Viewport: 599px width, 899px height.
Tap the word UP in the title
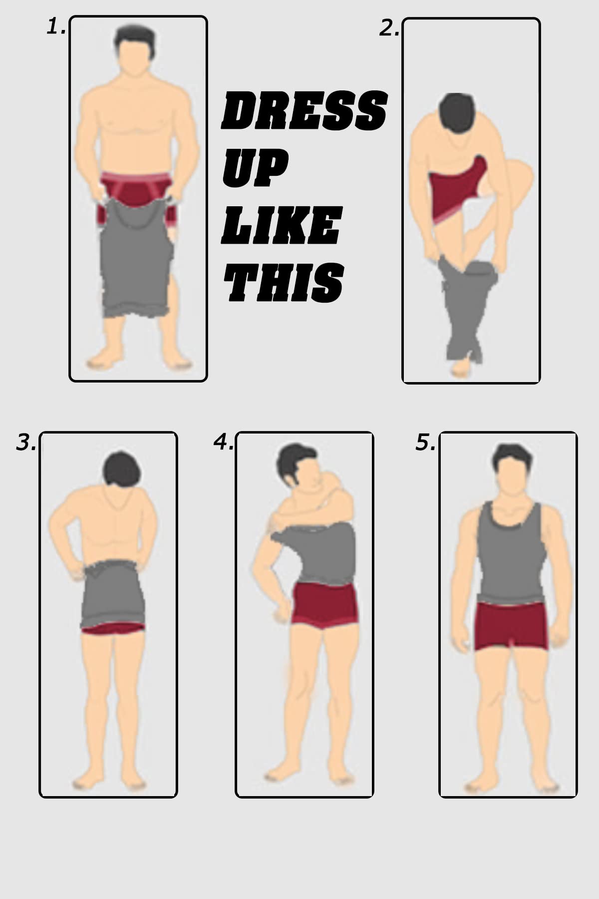coord(255,170)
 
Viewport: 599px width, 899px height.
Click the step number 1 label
coord(56,27)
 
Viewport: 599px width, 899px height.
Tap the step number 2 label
coord(389,29)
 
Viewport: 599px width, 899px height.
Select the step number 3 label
coord(26,443)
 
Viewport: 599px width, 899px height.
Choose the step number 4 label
coord(223,442)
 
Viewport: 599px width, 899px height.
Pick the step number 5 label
coord(425,443)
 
